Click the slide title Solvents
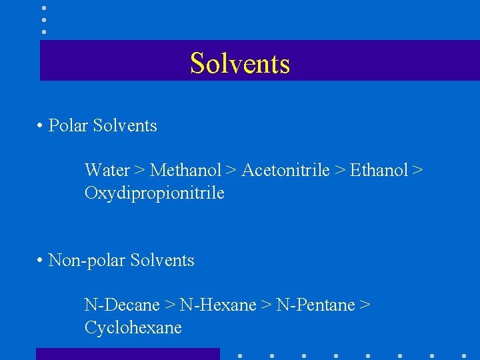point(240,63)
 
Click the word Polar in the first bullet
point(69,125)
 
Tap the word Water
point(107,171)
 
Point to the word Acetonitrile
point(285,171)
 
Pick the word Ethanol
point(378,171)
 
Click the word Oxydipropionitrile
point(154,193)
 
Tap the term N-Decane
point(121,305)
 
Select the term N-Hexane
point(218,305)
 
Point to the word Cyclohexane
point(133,328)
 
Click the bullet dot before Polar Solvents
point(41,126)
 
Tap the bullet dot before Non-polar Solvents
point(41,261)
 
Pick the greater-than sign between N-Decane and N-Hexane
point(170,306)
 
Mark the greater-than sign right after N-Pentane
point(365,306)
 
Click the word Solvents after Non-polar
point(162,260)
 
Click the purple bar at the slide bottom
point(127,354)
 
